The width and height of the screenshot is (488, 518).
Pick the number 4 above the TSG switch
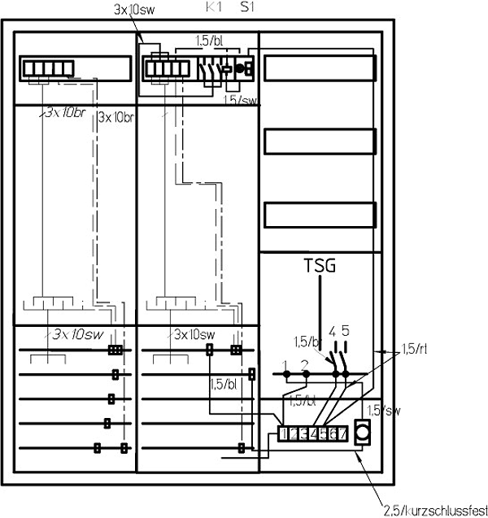click(x=332, y=332)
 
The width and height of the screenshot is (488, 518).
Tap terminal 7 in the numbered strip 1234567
click(x=344, y=434)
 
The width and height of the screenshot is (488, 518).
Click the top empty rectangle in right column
click(x=320, y=68)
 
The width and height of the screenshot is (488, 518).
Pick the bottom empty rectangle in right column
click(x=320, y=218)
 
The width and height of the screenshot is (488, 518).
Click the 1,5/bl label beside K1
click(x=210, y=39)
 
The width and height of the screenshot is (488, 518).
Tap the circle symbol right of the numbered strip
click(x=364, y=429)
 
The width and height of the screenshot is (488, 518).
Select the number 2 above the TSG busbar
click(x=305, y=363)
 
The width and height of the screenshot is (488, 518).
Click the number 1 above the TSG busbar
click(x=285, y=363)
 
